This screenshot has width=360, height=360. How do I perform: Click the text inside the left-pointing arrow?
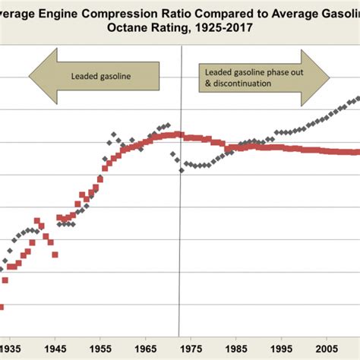pyautogui.click(x=103, y=75)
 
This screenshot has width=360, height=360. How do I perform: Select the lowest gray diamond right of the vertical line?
pyautogui.click(x=182, y=171)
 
